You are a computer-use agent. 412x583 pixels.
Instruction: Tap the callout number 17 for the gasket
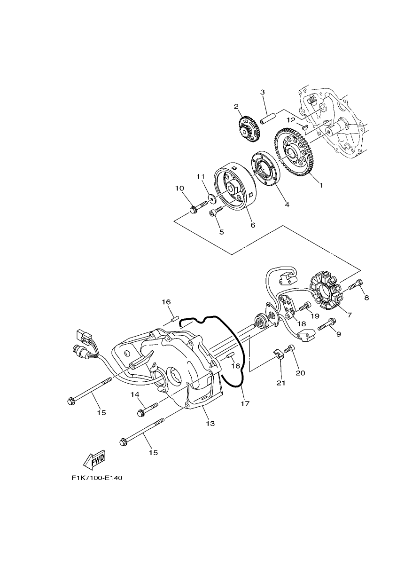click(245, 403)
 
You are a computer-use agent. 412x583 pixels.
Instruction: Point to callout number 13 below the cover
click(210, 424)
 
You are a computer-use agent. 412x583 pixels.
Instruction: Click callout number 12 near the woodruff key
click(292, 119)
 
